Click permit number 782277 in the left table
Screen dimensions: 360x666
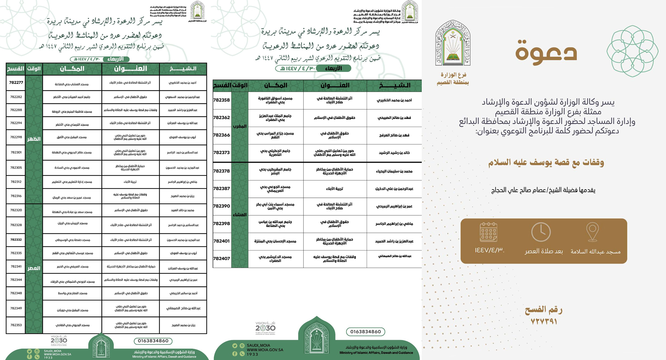(x=16, y=83)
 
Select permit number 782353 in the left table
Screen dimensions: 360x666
(x=16, y=325)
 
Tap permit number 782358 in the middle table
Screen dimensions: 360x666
(x=222, y=100)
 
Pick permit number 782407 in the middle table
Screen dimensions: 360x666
(x=222, y=258)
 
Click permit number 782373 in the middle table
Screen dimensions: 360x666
(x=222, y=153)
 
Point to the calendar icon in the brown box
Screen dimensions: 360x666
(x=489, y=232)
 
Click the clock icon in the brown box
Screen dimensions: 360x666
(x=541, y=232)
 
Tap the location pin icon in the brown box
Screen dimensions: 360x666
(x=592, y=232)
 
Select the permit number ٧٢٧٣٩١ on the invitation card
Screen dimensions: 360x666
(x=544, y=321)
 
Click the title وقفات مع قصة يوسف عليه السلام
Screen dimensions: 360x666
(x=546, y=163)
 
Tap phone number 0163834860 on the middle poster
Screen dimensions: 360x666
(x=366, y=332)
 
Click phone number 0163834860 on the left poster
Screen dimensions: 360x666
(x=153, y=341)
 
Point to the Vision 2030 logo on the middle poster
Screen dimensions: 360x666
(x=265, y=328)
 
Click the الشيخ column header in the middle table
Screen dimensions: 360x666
(x=395, y=86)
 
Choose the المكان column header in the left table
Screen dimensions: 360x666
(x=72, y=69)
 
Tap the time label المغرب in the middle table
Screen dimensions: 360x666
(x=240, y=126)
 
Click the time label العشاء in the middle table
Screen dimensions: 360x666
(x=240, y=215)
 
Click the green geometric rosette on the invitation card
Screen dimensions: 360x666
(x=632, y=51)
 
